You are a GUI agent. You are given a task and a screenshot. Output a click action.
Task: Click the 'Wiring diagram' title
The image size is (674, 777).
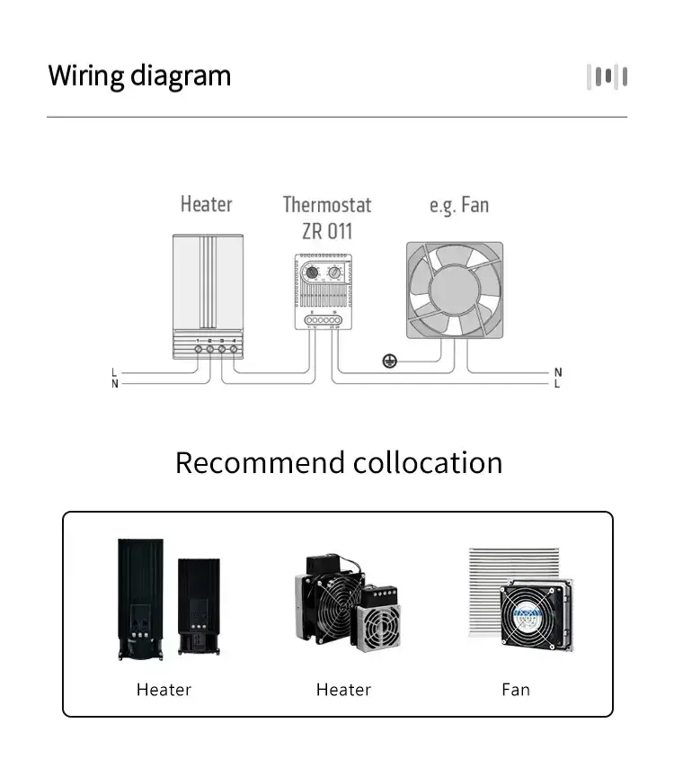pos(139,76)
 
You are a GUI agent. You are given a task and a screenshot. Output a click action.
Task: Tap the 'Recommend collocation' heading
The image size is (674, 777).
pos(339,462)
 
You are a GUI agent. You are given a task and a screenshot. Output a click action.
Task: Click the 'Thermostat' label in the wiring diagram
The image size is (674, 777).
pos(327,205)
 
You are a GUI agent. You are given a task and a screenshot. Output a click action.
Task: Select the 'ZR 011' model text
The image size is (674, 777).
pos(327,231)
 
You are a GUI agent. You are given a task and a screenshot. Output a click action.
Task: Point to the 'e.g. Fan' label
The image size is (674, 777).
pos(459,205)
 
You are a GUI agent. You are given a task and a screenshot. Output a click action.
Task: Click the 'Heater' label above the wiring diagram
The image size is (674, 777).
pos(206,204)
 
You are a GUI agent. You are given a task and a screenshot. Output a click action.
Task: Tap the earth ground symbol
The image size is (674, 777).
pos(390,361)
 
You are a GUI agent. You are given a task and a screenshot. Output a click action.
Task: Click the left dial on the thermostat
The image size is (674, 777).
pos(312,272)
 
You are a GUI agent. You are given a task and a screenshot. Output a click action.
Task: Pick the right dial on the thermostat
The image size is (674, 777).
pos(334,272)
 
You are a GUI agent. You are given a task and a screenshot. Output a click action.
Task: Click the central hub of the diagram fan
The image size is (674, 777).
pos(454,290)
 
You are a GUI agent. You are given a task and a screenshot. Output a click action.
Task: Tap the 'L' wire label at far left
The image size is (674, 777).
pos(114,372)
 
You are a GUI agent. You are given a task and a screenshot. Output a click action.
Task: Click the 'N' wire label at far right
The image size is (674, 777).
pos(557,372)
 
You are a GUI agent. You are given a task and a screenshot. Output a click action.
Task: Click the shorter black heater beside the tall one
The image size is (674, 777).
pos(198,606)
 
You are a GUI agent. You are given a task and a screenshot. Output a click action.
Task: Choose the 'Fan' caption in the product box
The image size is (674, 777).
pos(516,690)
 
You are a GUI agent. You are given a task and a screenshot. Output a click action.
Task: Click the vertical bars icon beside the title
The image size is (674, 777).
pos(607,76)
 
